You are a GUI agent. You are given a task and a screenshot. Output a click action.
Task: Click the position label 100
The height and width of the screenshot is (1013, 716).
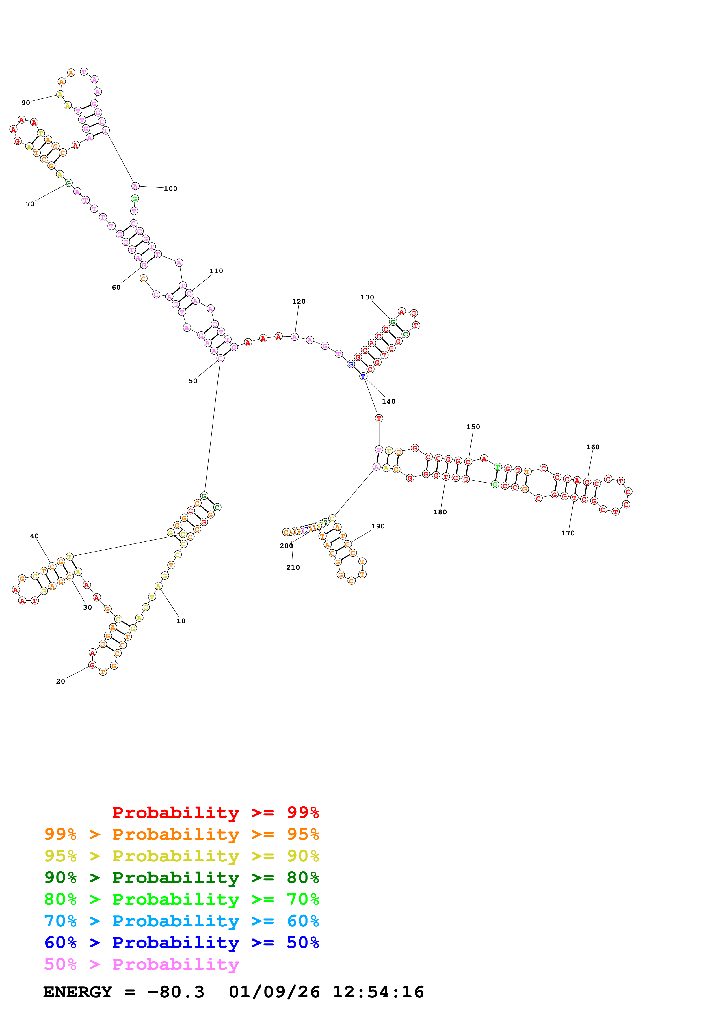tap(170, 189)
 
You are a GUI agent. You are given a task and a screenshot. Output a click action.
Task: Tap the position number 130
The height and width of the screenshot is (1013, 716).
tap(367, 297)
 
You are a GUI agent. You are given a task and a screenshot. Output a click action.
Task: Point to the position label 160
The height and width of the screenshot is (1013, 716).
tap(592, 447)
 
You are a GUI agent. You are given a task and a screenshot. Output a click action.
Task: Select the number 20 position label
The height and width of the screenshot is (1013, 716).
tap(60, 681)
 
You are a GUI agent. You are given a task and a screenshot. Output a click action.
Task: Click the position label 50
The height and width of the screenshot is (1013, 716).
tap(193, 381)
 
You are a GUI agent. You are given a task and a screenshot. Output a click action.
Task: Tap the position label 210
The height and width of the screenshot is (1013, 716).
tap(293, 567)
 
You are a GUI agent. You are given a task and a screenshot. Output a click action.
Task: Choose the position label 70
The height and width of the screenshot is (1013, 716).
tap(30, 204)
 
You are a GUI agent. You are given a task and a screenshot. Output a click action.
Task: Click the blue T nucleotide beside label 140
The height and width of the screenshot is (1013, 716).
tap(363, 376)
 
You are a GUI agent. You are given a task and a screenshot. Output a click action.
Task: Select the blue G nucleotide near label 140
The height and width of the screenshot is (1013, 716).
tap(351, 364)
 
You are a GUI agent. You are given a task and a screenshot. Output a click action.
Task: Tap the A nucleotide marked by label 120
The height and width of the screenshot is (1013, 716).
tap(295, 337)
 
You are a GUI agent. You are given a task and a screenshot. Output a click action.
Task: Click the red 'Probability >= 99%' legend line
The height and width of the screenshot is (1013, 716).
tap(215, 812)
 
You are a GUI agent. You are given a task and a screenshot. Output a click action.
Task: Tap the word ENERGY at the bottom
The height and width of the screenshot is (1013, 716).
tap(78, 992)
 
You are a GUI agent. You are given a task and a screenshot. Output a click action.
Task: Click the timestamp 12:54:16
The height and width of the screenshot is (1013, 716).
tap(378, 992)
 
